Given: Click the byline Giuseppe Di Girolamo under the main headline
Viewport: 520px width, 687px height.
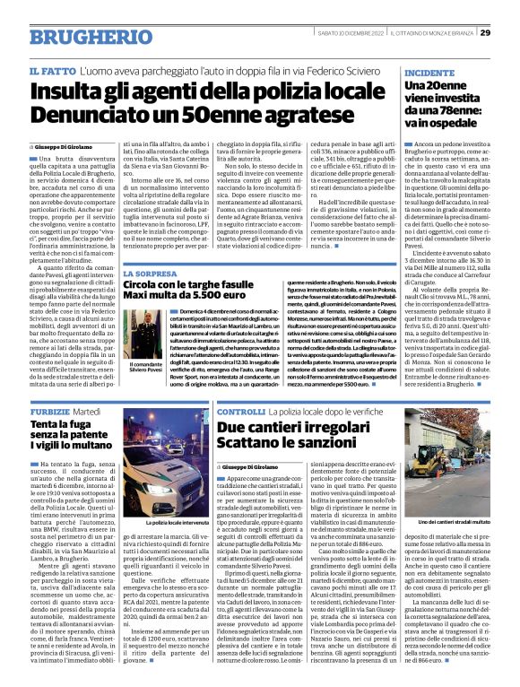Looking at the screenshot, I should coord(68,144).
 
